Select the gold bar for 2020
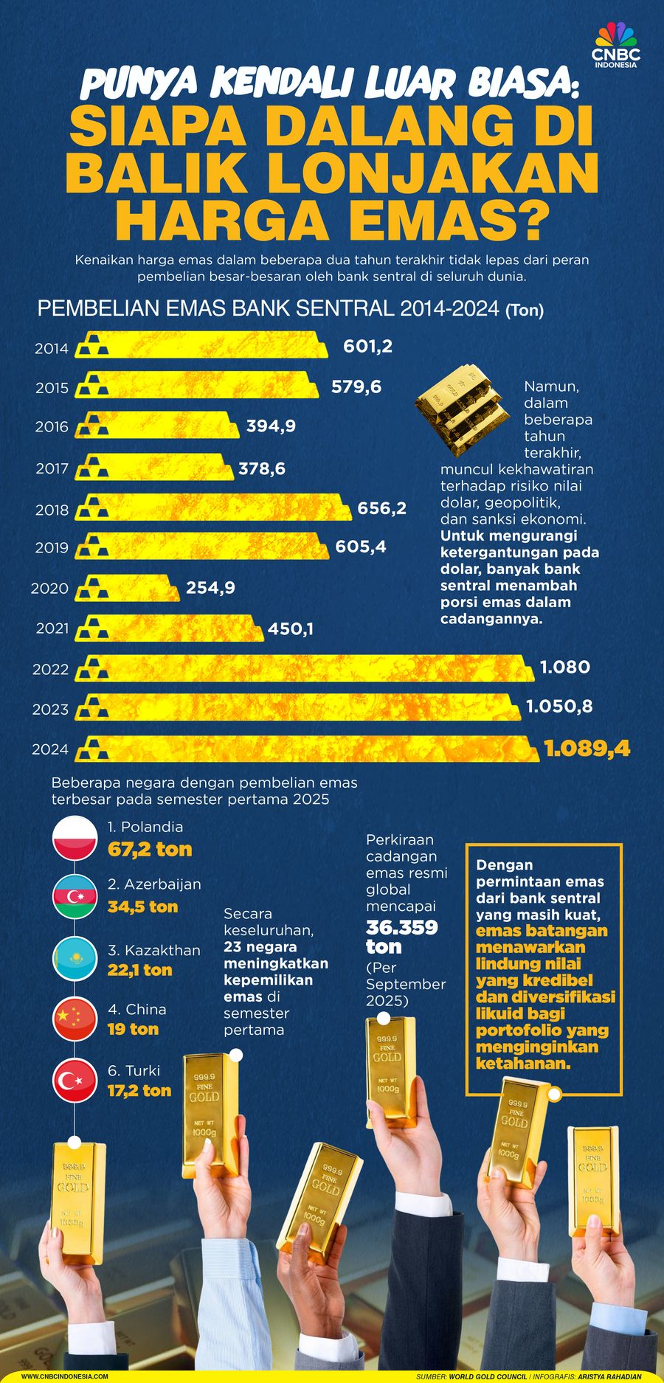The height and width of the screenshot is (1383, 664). point(129,588)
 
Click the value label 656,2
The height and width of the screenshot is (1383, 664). point(381,509)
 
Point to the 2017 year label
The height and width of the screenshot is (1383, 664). point(52,468)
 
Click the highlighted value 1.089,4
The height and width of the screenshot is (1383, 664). point(587,749)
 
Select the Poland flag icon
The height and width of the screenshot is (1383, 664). point(75,838)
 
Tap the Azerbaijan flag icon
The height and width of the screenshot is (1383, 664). point(75,897)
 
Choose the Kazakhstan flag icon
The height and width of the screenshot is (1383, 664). point(75,959)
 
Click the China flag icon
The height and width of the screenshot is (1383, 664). point(75,1019)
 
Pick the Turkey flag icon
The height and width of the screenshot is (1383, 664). point(75,1081)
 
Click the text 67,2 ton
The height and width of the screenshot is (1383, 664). point(150,850)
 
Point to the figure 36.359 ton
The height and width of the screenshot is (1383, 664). point(401,937)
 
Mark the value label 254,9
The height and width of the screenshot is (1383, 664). point(210,588)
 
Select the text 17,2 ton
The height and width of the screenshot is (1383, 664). point(139,1091)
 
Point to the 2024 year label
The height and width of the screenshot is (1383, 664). point(50,749)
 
